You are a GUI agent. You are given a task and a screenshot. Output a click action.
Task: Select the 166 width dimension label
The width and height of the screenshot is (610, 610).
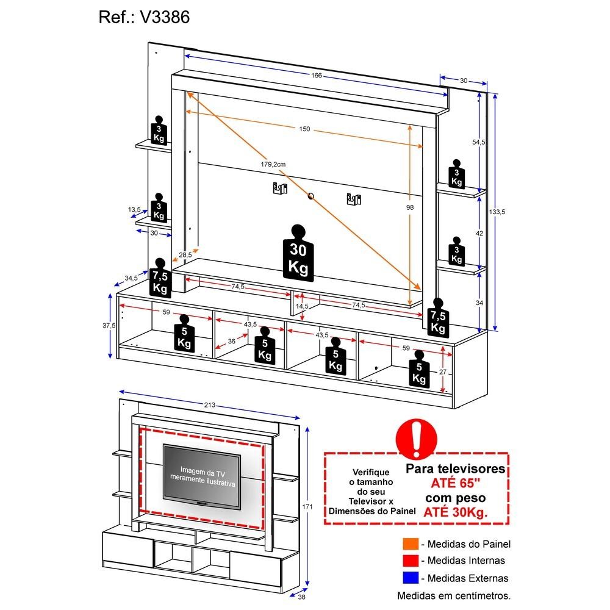(x=316, y=76)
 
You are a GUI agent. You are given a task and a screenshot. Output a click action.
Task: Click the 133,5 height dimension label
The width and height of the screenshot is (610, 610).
(x=497, y=212)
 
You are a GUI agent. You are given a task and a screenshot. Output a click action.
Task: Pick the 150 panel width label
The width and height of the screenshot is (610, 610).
(x=304, y=129)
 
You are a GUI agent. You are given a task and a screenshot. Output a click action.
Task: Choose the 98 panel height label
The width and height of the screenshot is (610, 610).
(x=410, y=207)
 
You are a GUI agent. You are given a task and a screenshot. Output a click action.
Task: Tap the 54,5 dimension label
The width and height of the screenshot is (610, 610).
(x=479, y=142)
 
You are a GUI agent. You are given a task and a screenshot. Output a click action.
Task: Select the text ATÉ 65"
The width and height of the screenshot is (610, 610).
(x=456, y=483)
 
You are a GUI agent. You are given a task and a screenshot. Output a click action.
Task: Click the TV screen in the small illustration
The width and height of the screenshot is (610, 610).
(x=201, y=476)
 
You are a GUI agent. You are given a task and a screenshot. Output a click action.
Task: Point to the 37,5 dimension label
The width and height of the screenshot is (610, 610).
(x=109, y=326)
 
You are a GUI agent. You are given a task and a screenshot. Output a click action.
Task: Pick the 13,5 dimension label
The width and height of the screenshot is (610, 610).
(x=134, y=210)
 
